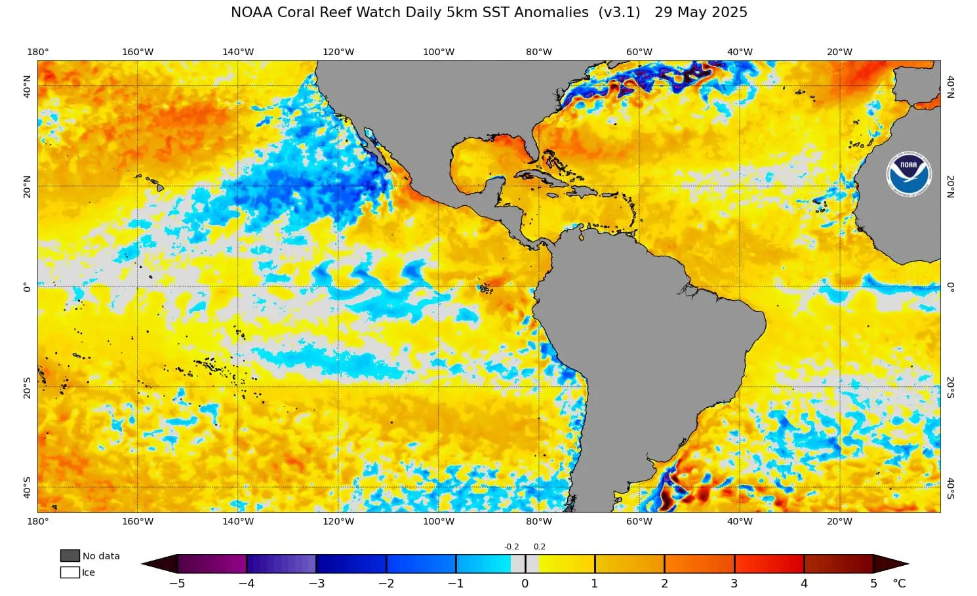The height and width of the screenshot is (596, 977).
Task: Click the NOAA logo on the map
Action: point(908,174)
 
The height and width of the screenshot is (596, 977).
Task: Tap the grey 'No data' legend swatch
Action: point(70,555)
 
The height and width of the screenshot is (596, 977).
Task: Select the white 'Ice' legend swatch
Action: point(70,572)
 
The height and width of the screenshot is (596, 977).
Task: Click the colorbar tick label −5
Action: point(177,584)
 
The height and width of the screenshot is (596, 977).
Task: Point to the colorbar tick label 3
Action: point(734,584)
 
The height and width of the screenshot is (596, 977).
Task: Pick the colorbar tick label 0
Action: point(525,584)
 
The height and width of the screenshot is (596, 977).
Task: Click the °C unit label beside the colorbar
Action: point(899,584)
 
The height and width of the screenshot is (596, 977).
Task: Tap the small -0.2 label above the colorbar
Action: point(511,547)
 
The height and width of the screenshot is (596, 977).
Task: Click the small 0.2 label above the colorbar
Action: point(540,547)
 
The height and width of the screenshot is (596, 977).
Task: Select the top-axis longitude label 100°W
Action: point(439,52)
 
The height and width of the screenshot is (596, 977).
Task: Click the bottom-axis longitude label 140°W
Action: point(238,521)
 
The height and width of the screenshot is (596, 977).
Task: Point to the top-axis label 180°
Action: point(38,52)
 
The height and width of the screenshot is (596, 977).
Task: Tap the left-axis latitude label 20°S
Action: point(28,387)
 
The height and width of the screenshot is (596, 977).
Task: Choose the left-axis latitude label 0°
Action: point(28,287)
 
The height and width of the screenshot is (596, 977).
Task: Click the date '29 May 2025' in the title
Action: point(701,12)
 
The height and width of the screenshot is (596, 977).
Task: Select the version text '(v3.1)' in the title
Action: point(619,12)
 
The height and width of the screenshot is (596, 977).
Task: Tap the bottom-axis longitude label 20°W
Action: point(839,521)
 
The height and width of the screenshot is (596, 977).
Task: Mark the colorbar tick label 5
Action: point(873,584)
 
